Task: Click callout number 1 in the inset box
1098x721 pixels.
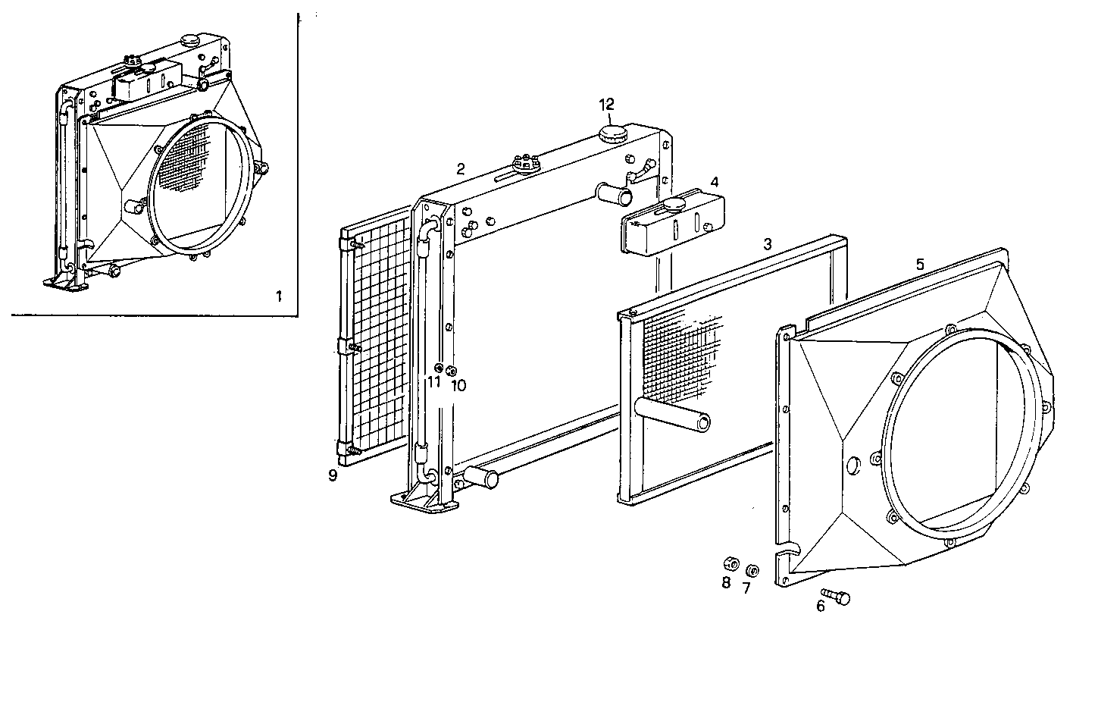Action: coord(278,296)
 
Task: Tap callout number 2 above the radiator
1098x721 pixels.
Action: coord(460,169)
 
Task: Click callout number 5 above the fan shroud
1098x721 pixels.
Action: coord(919,264)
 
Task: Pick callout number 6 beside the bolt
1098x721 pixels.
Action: coord(819,607)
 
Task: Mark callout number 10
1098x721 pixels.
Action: coord(458,385)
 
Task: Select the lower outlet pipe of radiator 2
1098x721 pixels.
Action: coord(482,478)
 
